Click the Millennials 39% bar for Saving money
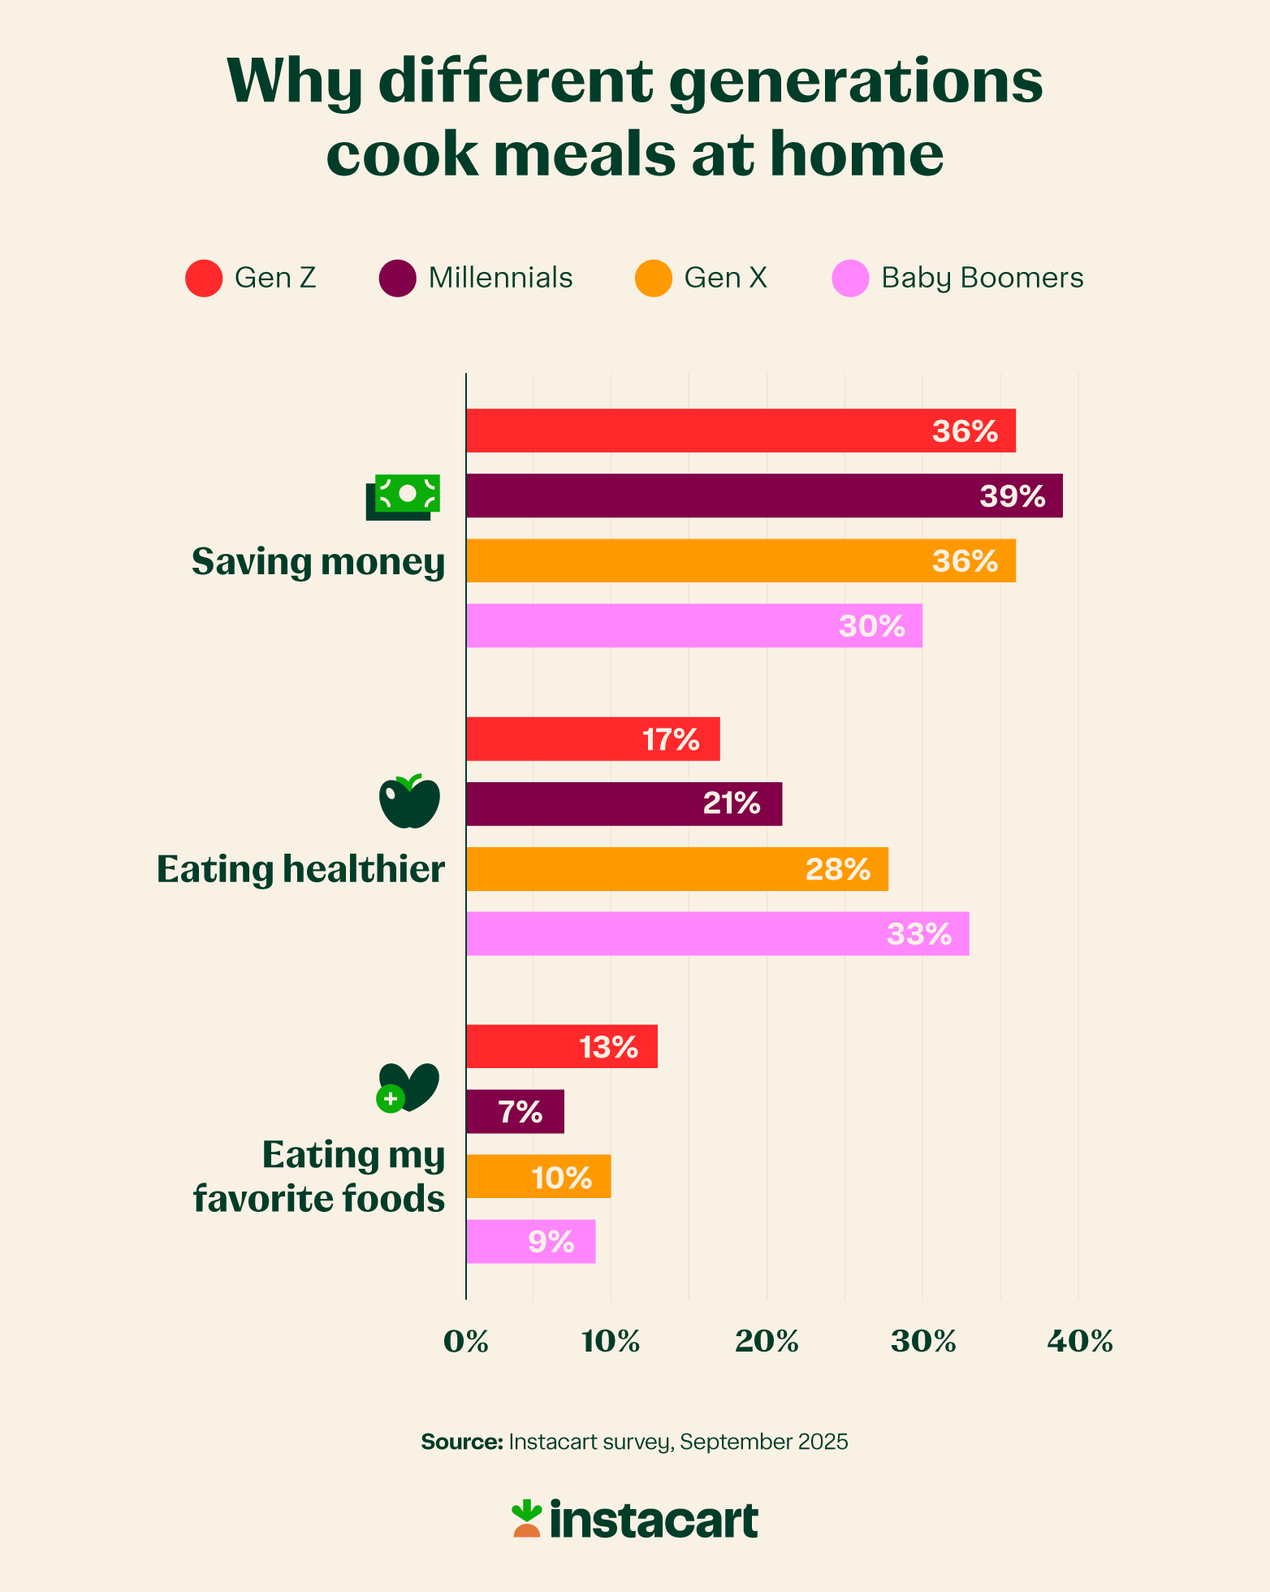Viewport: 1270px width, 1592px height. coord(763,495)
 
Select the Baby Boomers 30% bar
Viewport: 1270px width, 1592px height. coord(694,625)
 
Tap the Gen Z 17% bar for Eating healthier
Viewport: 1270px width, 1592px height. coord(593,739)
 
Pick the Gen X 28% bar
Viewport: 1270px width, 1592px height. coord(676,869)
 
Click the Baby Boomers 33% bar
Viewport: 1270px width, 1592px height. coord(717,933)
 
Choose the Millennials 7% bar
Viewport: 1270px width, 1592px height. coord(515,1111)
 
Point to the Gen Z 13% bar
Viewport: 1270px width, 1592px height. coord(561,1046)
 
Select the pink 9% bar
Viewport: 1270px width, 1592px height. coord(530,1241)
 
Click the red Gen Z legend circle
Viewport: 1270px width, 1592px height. coord(204,278)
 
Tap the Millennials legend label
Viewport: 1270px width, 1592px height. coord(500,278)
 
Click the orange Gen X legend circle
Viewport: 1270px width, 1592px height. coord(654,278)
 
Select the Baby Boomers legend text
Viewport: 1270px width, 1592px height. coord(982,278)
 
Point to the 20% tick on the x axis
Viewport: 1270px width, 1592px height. coord(767,1342)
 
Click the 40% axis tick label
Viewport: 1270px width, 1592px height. coord(1079,1342)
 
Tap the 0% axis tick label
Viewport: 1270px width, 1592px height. coord(466,1342)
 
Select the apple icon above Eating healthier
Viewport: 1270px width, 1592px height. coord(409,802)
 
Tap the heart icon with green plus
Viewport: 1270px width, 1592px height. coord(408,1087)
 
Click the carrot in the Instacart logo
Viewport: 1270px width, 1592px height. coord(526,1519)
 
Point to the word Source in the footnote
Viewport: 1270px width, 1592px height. coord(461,1442)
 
